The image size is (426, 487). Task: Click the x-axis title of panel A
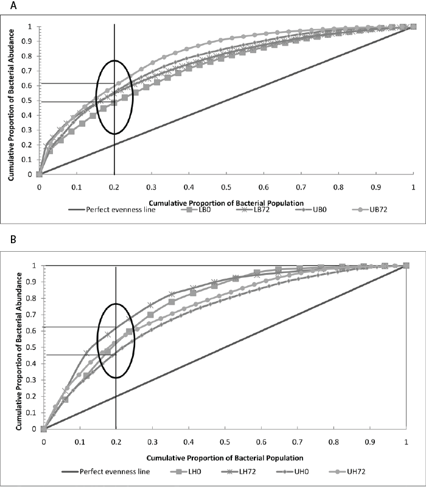click(x=226, y=201)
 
